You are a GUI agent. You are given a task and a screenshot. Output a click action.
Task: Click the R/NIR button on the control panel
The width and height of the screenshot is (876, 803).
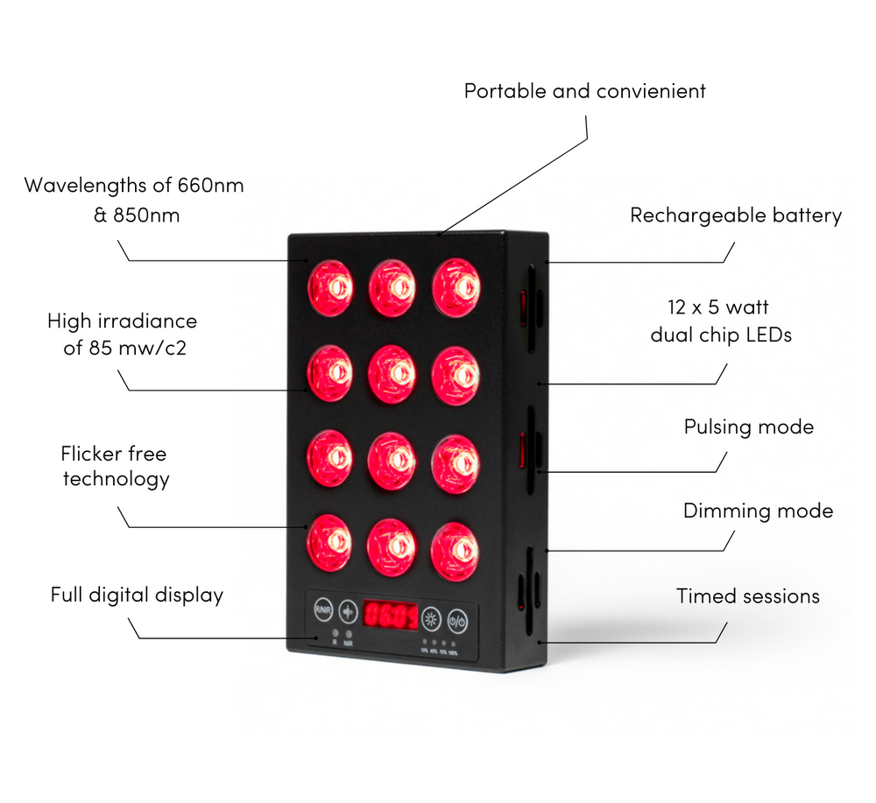[x=323, y=610]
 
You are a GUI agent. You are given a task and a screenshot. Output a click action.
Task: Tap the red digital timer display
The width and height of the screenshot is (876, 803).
[x=391, y=616]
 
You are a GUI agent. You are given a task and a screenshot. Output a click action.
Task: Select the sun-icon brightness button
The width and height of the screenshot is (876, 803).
[x=431, y=619]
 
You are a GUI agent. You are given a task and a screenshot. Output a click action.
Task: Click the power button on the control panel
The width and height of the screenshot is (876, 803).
[x=458, y=620]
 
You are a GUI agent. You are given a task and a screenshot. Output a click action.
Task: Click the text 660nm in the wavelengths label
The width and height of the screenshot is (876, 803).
[x=210, y=186]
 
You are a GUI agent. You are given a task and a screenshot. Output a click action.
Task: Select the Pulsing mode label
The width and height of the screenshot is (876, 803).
[x=748, y=427]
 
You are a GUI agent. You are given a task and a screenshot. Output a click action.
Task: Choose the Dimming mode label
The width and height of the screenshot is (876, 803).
[x=758, y=511]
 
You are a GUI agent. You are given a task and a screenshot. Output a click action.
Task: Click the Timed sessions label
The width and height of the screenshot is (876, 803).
[x=747, y=596]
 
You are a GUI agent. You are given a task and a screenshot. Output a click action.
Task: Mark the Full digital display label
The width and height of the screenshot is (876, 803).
[x=137, y=595]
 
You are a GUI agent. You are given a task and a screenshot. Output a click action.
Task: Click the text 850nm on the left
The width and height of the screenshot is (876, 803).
[x=146, y=215]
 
